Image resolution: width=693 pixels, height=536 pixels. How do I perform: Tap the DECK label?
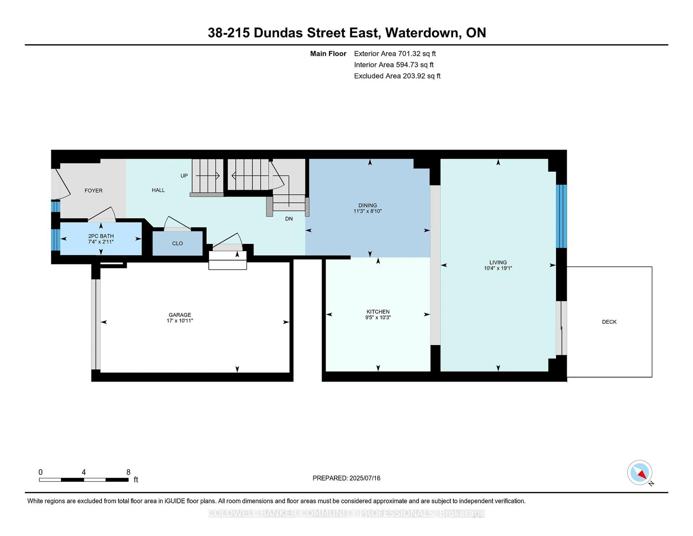coord(609,322)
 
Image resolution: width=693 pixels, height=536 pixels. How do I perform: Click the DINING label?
coord(367,205)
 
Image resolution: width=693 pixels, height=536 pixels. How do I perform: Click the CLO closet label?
coord(177,243)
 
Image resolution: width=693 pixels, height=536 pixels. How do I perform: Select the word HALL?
coord(158,190)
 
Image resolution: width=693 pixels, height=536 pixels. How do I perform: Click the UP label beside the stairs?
coord(184,176)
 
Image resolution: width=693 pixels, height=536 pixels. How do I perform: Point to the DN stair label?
coord(289,219)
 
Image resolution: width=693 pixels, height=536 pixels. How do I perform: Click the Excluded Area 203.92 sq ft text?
coord(397,76)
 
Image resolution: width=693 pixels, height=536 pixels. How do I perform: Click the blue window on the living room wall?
coord(561,216)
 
